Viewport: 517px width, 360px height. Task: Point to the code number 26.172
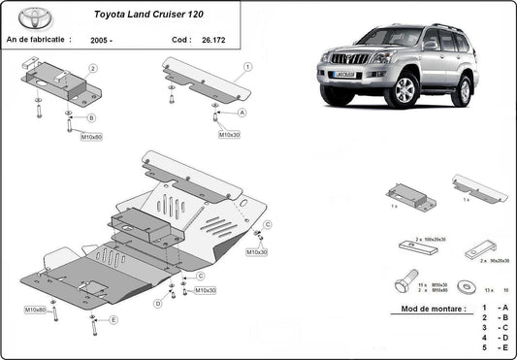coord(212,40)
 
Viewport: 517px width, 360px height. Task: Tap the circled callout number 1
coord(247,67)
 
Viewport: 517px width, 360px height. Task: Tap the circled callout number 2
coord(93,69)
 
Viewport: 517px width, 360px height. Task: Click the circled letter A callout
coord(242,113)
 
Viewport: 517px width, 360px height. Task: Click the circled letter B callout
coord(91,117)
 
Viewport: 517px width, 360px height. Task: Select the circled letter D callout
coord(156,304)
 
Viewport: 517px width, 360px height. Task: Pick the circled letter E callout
coord(113,319)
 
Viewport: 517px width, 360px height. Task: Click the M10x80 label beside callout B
coord(91,137)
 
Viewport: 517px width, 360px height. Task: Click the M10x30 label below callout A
coord(229,134)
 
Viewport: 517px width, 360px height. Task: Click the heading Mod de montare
coord(428,311)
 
